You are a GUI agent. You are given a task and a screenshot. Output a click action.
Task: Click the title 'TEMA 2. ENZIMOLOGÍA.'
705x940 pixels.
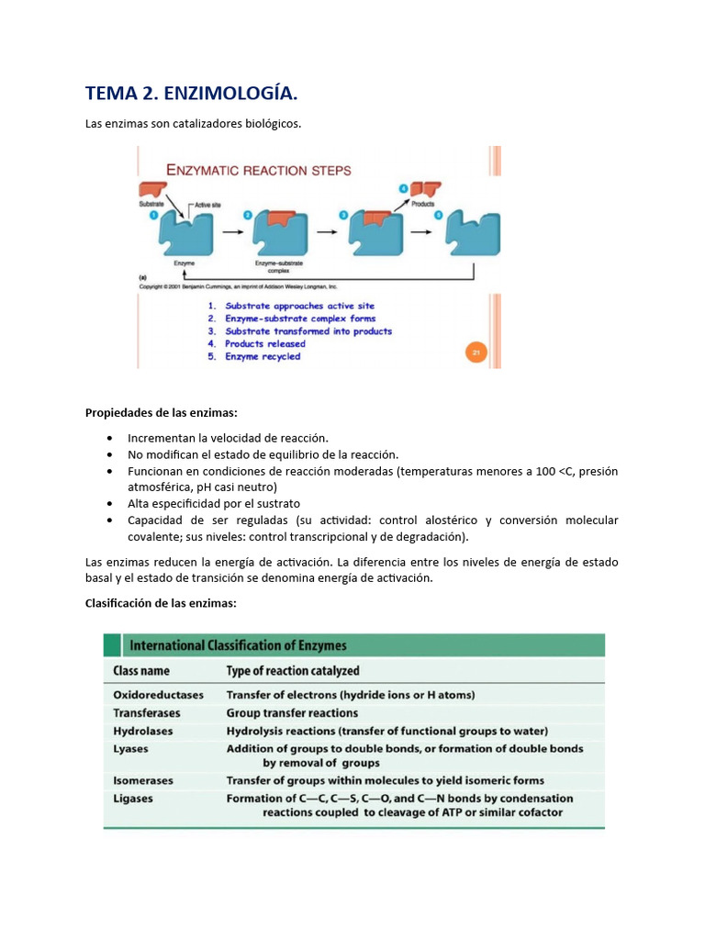[x=191, y=94]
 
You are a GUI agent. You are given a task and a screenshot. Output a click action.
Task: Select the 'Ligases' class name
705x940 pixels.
[x=133, y=799]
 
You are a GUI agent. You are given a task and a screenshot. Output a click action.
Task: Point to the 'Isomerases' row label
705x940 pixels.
[x=143, y=780]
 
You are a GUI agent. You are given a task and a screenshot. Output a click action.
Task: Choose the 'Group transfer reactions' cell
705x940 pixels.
[x=292, y=713]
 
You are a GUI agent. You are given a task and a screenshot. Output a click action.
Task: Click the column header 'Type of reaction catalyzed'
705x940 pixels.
[x=293, y=671]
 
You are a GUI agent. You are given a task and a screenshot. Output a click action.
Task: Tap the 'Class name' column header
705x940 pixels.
[x=141, y=671]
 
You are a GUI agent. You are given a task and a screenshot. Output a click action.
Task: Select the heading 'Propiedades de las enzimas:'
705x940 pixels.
[x=161, y=413]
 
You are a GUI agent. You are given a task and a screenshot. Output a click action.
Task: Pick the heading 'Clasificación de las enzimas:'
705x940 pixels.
[x=161, y=603]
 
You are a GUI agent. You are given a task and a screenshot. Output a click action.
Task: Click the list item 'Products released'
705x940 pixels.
[x=265, y=344]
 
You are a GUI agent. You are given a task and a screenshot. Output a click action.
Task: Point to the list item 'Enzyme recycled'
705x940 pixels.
[x=263, y=357]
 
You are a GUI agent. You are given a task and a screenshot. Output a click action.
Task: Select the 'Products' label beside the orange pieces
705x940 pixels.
[x=422, y=204]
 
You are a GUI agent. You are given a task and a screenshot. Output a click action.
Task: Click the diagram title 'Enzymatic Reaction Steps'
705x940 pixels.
[x=258, y=170]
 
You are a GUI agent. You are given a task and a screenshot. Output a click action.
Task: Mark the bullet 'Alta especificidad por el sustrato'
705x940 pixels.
[x=214, y=504]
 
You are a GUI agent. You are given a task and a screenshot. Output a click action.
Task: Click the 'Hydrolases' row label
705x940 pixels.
[x=142, y=732]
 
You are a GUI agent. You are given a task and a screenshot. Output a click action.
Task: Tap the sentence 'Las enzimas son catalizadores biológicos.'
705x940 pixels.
[x=193, y=123]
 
